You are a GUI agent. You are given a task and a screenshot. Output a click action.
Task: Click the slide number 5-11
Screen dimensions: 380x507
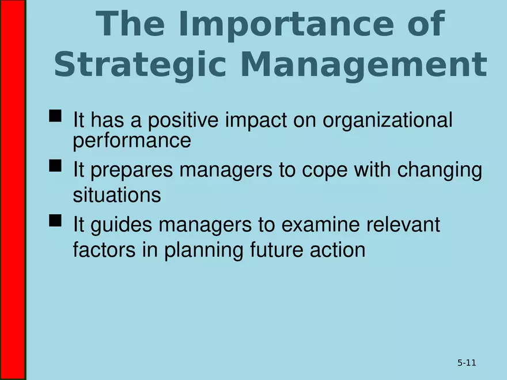pyautogui.click(x=467, y=363)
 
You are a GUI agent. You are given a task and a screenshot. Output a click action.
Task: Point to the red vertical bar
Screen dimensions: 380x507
pyautogui.click(x=12, y=190)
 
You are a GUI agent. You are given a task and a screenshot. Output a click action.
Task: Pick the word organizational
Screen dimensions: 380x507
pyautogui.click(x=387, y=121)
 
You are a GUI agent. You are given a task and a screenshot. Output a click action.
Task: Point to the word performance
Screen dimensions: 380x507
pyautogui.click(x=131, y=140)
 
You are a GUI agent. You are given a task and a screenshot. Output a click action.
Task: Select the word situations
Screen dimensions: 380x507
pyautogui.click(x=116, y=195)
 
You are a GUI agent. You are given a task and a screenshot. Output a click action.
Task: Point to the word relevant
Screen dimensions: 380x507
pyautogui.click(x=403, y=225)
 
